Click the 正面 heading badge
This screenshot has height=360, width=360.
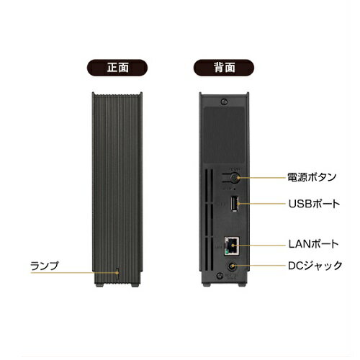click(x=117, y=68)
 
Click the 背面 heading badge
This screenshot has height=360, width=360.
click(x=224, y=68)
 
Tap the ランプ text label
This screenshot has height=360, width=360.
click(x=45, y=266)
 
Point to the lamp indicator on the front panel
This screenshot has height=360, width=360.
click(x=117, y=273)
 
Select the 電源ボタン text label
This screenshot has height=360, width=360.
click(x=312, y=177)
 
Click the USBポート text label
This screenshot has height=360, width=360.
click(x=314, y=204)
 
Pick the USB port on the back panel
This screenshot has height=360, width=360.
click(x=235, y=204)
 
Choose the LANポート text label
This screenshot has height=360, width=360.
click(x=313, y=244)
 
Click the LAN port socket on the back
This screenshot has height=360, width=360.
click(x=232, y=246)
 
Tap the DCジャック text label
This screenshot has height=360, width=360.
click(x=315, y=266)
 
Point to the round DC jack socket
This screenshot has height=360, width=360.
click(x=232, y=266)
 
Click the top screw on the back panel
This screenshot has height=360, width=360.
click(x=224, y=102)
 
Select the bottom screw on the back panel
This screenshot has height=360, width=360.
click(x=220, y=276)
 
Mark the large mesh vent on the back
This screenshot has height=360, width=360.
click(x=224, y=135)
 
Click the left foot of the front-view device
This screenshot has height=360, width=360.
click(x=99, y=285)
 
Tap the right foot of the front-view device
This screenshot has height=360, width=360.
click(x=135, y=285)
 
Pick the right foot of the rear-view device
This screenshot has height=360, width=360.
click(x=242, y=284)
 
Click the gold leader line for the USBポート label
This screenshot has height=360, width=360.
click(x=261, y=204)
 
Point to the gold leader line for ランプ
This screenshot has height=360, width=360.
click(x=75, y=273)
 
